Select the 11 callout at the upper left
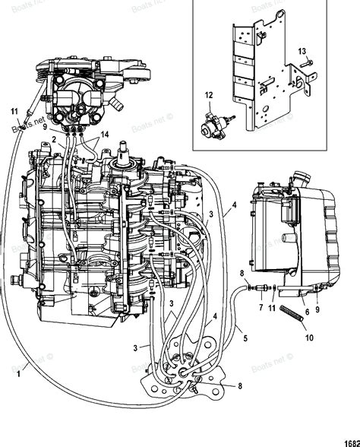14,113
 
